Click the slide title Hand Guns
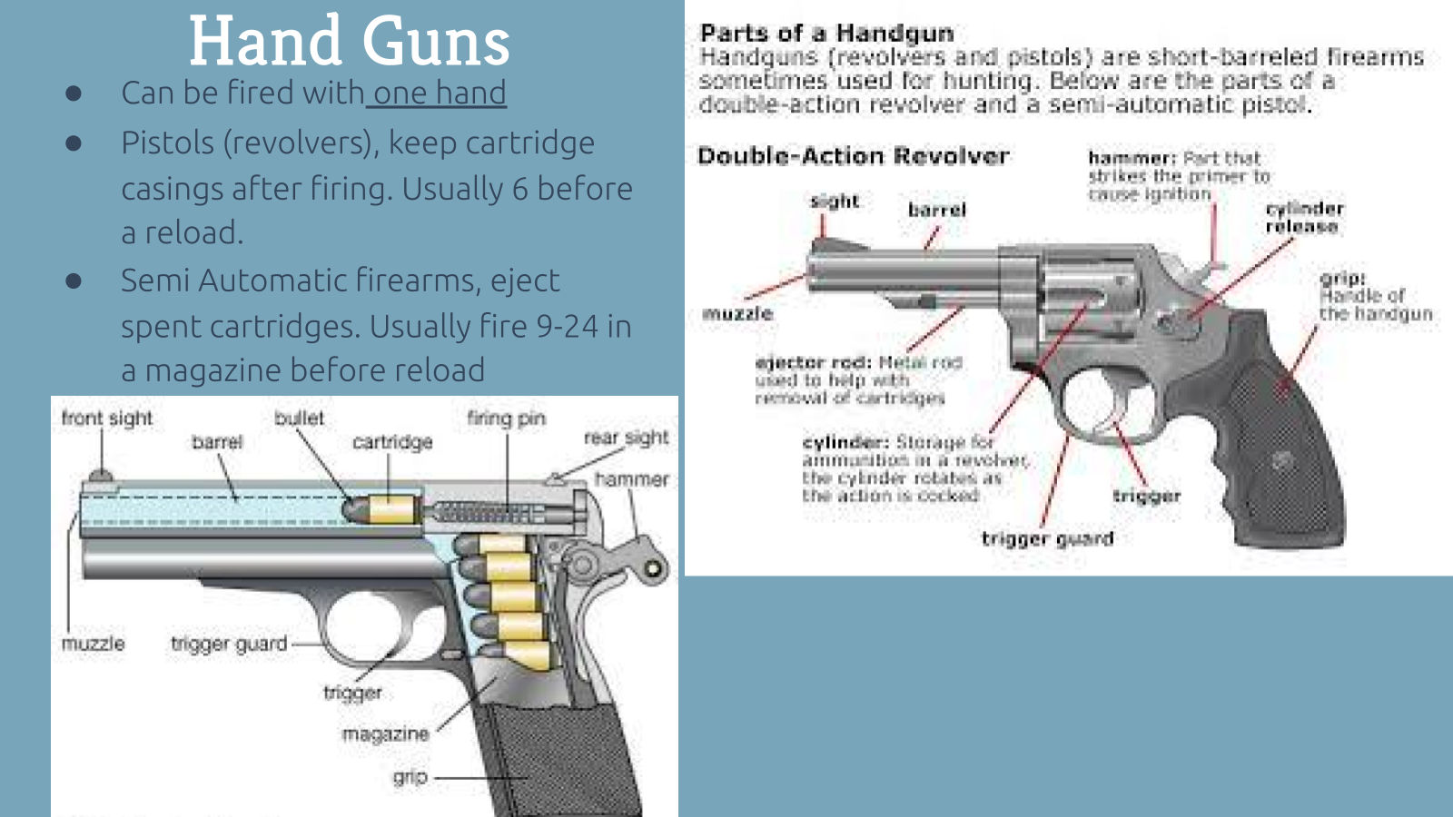[349, 42]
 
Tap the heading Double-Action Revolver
[853, 156]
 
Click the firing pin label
[506, 418]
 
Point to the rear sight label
[626, 438]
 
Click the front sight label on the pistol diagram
[107, 418]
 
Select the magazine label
[385, 733]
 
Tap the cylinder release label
[1303, 217]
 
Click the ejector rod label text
[813, 362]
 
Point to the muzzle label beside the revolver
[737, 314]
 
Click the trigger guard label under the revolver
[1047, 538]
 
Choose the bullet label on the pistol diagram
[299, 418]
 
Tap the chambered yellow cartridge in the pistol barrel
[392, 509]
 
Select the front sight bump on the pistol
[99, 475]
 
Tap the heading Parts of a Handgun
[826, 34]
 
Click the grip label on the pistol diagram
[410, 777]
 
